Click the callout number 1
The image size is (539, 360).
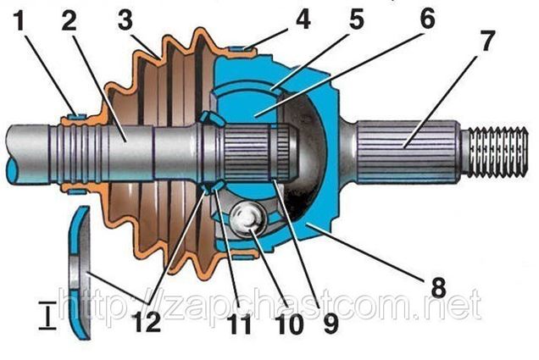tap(20, 20)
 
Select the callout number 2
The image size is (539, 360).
tap(69, 20)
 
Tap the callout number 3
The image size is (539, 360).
tap(125, 20)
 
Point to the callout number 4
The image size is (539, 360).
tap(303, 19)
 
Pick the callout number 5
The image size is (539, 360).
tap(356, 19)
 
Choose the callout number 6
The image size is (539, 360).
tap(428, 18)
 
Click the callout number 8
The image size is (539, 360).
tap(439, 287)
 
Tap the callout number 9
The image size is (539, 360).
tap(331, 324)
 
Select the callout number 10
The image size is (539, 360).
tap(291, 324)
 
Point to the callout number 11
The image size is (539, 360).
tap(241, 324)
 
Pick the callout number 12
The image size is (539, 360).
tap(147, 323)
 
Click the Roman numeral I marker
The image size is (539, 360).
tap(47, 315)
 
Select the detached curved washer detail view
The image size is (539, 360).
tap(81, 273)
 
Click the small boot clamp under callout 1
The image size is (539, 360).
tap(77, 117)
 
